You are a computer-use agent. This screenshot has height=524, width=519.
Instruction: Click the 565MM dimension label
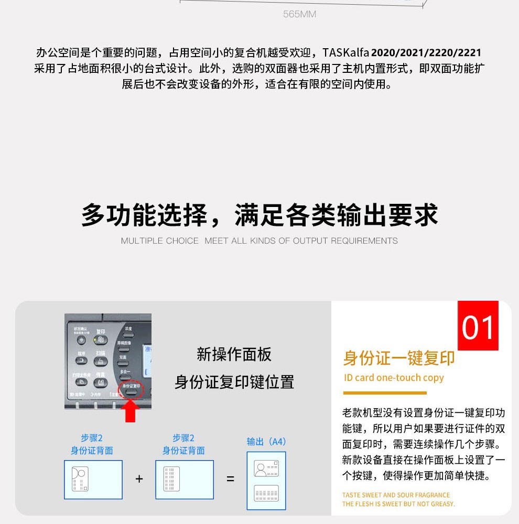click(x=299, y=14)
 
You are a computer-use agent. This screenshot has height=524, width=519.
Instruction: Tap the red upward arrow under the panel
click(x=131, y=410)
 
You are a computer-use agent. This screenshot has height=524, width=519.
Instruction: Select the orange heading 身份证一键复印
click(x=398, y=358)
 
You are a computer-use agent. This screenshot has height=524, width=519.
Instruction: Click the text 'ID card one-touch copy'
click(x=394, y=378)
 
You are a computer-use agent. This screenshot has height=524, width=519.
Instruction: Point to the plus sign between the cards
click(x=139, y=479)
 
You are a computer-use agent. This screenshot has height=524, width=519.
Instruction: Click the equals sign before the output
click(x=230, y=479)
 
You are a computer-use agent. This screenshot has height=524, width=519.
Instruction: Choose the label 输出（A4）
click(x=266, y=442)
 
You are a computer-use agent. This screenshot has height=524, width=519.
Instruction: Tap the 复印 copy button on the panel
click(x=101, y=340)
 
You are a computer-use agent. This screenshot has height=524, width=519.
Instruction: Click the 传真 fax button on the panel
click(x=101, y=382)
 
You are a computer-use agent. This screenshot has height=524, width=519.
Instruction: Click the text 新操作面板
click(x=234, y=355)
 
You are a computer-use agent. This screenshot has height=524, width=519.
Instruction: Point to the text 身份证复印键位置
click(x=234, y=382)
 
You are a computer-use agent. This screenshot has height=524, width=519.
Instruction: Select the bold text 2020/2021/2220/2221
click(x=426, y=53)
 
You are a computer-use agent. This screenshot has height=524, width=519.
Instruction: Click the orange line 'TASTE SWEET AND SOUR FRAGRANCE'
click(x=396, y=495)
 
